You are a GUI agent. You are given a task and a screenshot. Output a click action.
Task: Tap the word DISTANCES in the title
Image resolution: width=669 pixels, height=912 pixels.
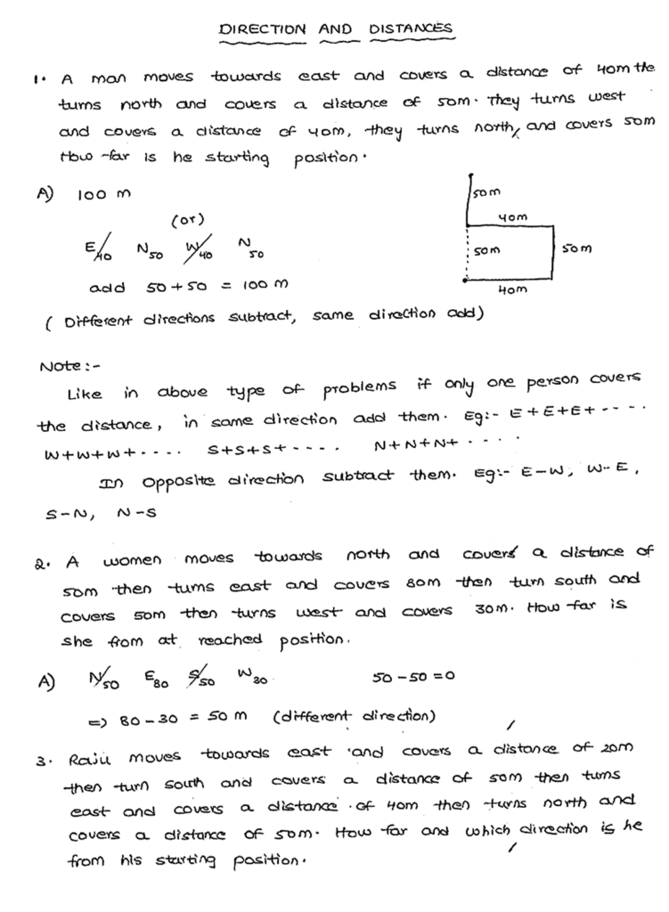(x=412, y=29)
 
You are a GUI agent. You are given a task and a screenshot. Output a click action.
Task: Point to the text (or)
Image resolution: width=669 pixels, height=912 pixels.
(x=188, y=219)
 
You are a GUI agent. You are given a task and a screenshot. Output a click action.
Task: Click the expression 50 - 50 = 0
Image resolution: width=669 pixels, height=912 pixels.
(x=412, y=676)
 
